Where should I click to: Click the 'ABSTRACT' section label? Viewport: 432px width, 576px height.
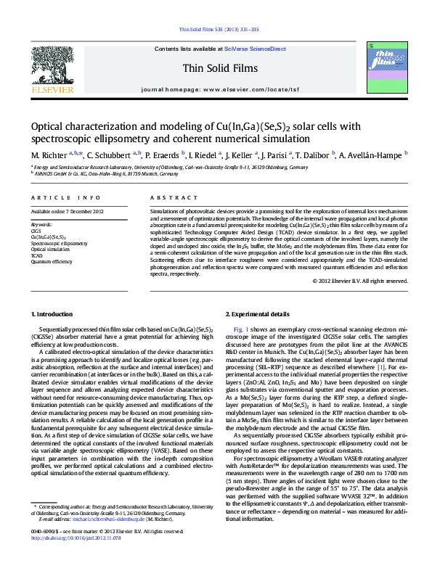(169, 197)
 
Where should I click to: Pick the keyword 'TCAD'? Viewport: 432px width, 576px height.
(36, 255)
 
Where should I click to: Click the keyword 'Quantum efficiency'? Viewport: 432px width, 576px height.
(52, 261)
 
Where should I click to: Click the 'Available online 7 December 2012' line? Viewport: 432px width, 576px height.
(68, 211)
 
